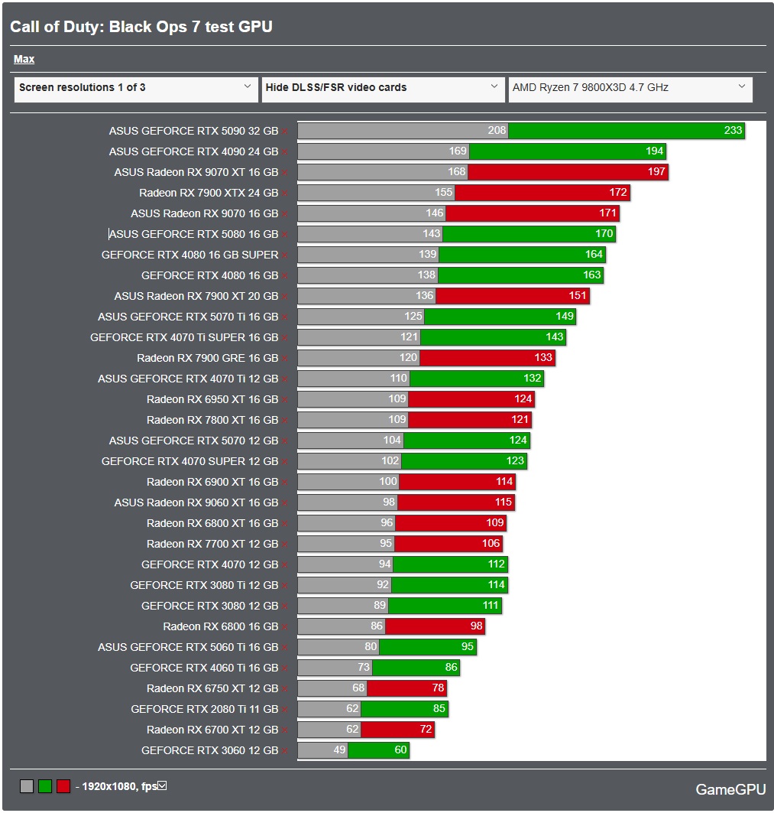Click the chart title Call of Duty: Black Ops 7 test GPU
(x=141, y=27)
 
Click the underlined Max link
(x=24, y=59)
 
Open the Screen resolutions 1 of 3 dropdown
(x=136, y=88)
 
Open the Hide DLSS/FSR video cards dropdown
(x=382, y=88)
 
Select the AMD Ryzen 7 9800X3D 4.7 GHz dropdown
(x=630, y=88)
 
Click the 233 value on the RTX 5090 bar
(x=732, y=131)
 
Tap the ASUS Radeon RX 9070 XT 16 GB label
(x=196, y=172)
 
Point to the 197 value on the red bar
(x=656, y=172)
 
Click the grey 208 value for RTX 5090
(x=497, y=131)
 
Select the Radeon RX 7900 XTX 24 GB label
(x=208, y=193)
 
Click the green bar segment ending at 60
(x=378, y=750)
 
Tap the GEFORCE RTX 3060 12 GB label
(x=209, y=750)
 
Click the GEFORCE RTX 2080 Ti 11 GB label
(x=204, y=709)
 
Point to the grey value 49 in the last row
(x=339, y=750)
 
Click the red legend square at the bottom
(x=63, y=785)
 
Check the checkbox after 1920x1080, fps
(x=161, y=785)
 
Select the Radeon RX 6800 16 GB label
(x=220, y=626)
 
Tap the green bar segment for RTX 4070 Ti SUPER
(x=493, y=337)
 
